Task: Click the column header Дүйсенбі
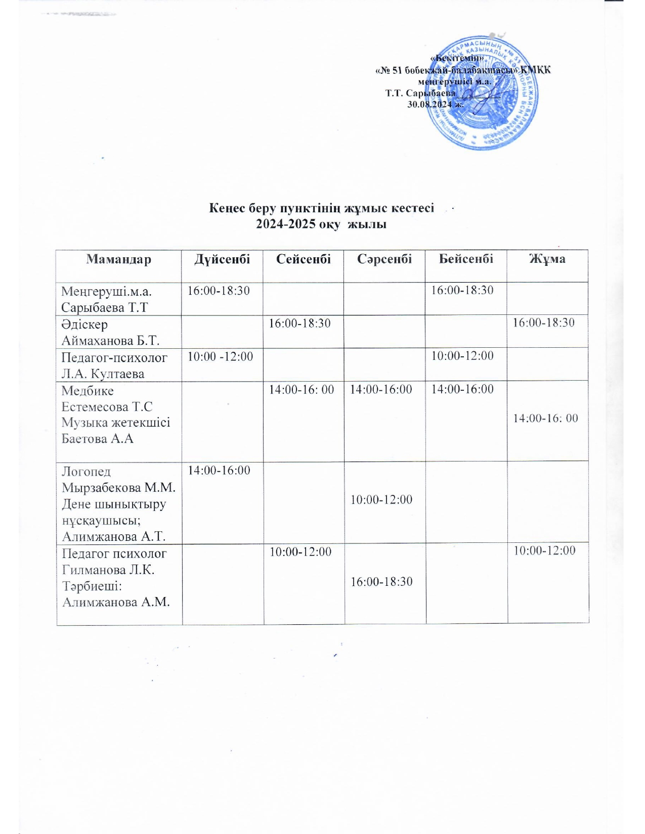click(x=222, y=259)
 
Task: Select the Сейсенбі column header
click(x=303, y=259)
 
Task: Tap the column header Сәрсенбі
click(x=384, y=259)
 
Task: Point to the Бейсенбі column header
click(x=465, y=259)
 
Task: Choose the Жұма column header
click(x=547, y=259)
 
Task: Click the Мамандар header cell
click(x=118, y=259)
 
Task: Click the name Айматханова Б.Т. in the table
click(x=110, y=340)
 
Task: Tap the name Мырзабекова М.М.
click(x=118, y=488)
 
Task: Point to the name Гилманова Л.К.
click(x=108, y=570)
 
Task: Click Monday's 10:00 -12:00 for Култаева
click(x=220, y=357)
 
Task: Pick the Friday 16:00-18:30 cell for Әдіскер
click(x=544, y=323)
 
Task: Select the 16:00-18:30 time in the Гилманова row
click(x=381, y=582)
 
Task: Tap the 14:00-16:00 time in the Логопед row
click(x=219, y=471)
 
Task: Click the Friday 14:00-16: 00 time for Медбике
click(x=545, y=419)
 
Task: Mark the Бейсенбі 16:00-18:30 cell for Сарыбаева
click(x=462, y=290)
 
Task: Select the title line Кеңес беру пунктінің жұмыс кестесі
click(x=322, y=208)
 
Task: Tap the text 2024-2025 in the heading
click(x=286, y=224)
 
